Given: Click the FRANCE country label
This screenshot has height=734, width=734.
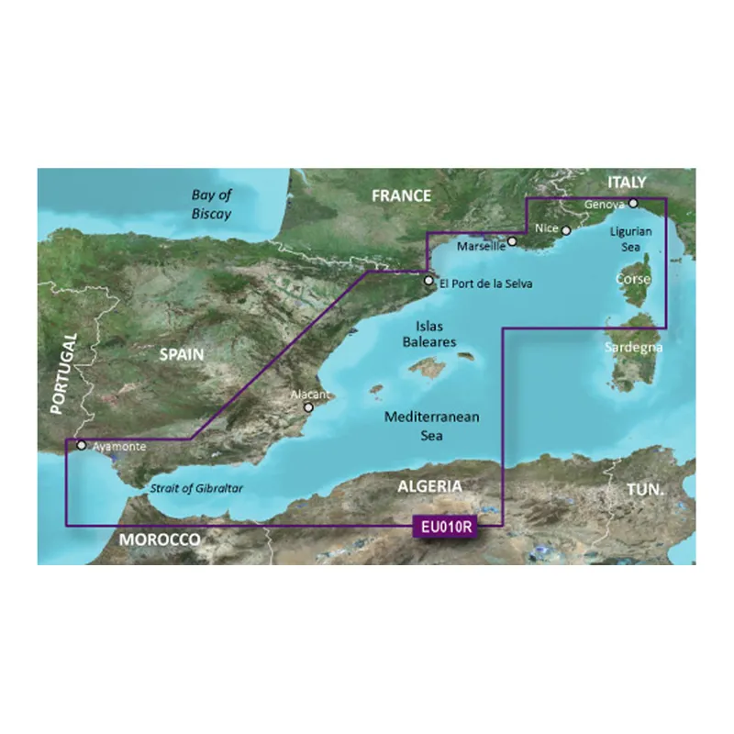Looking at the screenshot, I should [400, 195].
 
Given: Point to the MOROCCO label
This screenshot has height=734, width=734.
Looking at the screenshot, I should [160, 540].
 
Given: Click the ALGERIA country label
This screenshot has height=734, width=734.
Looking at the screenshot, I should [429, 485].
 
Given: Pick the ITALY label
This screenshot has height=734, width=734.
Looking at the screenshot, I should [628, 182].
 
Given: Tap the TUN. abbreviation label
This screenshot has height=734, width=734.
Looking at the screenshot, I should [647, 492].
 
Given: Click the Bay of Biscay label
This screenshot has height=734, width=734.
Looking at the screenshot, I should [212, 204].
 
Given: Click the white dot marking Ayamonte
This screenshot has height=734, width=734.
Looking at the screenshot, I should [82, 446].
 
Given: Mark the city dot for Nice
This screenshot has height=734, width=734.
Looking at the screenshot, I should [566, 231].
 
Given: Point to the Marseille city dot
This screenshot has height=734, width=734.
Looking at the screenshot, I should [513, 243].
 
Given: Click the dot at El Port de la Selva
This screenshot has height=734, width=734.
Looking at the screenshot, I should [428, 281].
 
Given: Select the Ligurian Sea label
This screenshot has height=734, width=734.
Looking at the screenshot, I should [631, 239].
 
